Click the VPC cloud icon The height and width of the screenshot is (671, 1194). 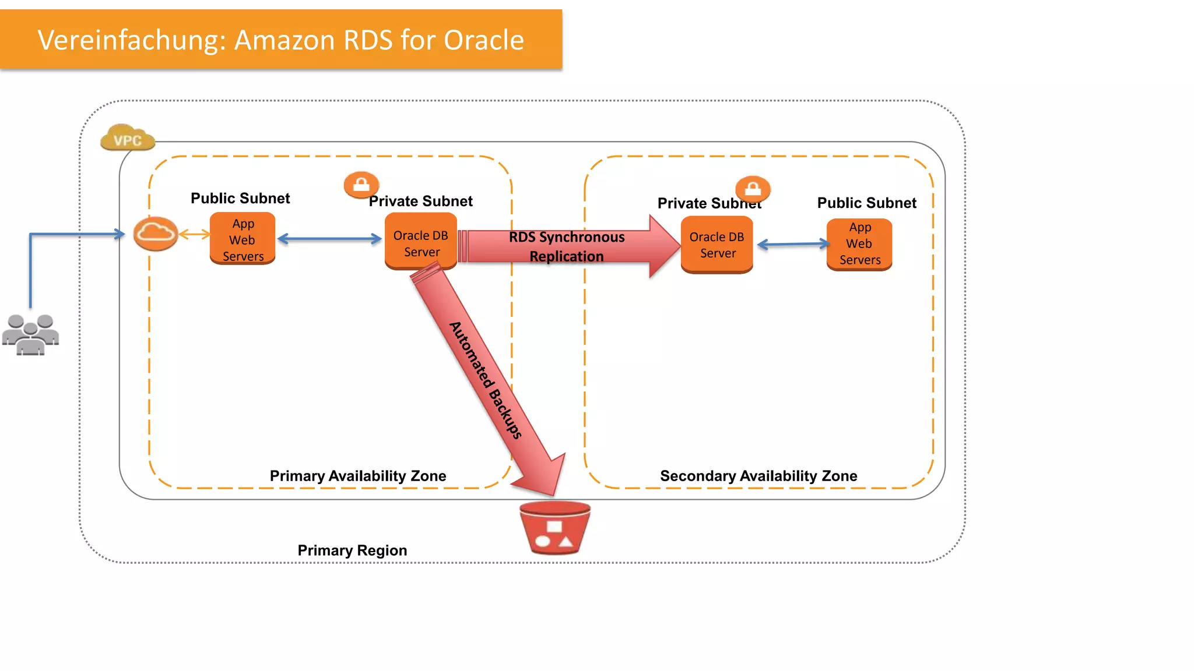[127, 138]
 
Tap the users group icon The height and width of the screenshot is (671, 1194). [30, 334]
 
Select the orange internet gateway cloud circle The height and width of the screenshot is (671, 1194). [156, 234]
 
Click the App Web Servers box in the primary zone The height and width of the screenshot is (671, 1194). [243, 239]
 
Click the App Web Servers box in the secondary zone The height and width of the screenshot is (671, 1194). [859, 244]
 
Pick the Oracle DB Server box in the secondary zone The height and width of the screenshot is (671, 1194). [717, 244]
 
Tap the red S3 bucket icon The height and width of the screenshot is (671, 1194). [555, 528]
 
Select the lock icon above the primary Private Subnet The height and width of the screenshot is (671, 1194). [361, 185]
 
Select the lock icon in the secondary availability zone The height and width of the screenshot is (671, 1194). [753, 189]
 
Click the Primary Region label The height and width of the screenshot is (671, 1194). [352, 550]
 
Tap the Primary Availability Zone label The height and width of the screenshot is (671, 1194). [358, 476]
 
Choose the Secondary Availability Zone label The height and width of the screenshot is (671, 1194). [758, 476]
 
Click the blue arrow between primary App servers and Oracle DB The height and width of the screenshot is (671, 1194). [329, 239]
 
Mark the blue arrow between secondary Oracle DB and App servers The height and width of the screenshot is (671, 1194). [793, 244]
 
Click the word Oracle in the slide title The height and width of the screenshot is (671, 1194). [483, 40]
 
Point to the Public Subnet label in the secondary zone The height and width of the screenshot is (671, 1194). [866, 203]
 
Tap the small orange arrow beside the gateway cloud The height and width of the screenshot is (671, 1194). [194, 234]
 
